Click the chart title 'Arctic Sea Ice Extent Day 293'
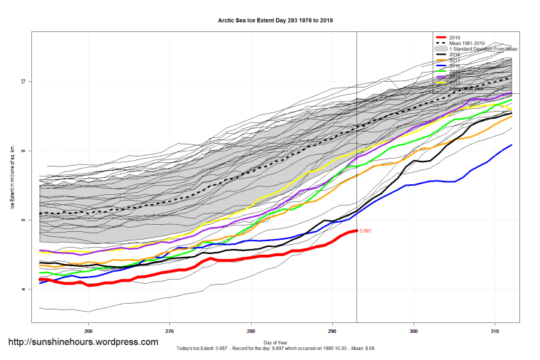coord(275,21)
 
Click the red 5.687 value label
coord(366,231)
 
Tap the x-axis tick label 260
coord(88,331)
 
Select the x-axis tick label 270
coord(169,331)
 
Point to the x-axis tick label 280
coord(251,331)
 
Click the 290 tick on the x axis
coord(332,331)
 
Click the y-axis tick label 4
coord(23,290)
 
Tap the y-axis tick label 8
coord(23,151)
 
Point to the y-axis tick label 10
coord(23,81)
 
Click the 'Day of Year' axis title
coord(275,343)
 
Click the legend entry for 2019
coord(455,37)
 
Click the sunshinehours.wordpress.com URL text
coord(83,342)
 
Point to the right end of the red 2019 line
coord(356,231)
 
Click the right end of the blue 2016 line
coord(512,145)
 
